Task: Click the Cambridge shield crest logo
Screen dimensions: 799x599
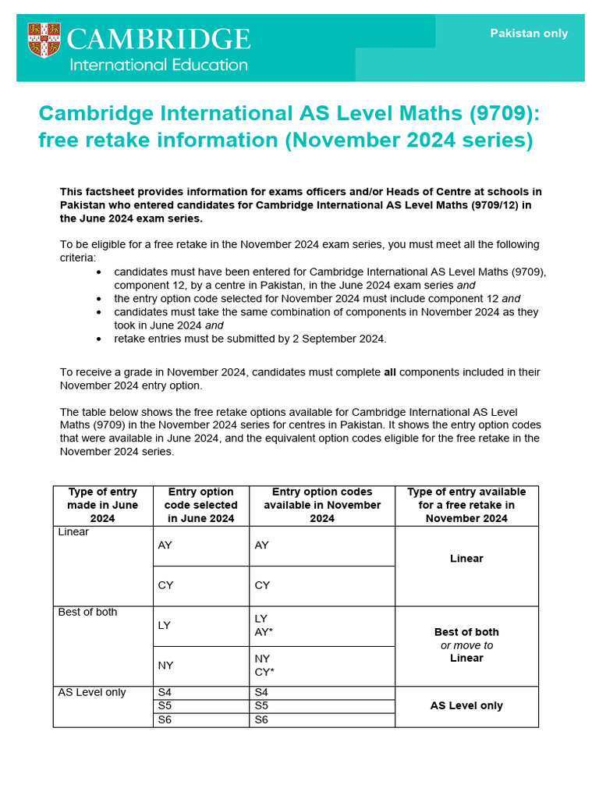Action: [x=45, y=40]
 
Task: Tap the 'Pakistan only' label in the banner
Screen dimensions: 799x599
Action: [x=529, y=34]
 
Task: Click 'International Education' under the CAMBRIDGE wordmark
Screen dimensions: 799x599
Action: [x=158, y=65]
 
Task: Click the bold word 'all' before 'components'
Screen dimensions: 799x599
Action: [x=392, y=372]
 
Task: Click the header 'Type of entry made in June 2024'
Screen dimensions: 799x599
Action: [x=102, y=505]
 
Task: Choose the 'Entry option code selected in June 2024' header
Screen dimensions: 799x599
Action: [x=200, y=505]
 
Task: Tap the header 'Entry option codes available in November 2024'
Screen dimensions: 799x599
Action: [x=322, y=505]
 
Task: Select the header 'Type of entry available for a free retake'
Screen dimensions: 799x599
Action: [x=466, y=505]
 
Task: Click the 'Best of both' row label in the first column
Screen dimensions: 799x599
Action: [x=87, y=613]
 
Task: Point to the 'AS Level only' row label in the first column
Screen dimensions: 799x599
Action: [x=92, y=692]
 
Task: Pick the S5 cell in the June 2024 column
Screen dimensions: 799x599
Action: [x=165, y=705]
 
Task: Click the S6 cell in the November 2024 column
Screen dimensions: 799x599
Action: [x=261, y=719]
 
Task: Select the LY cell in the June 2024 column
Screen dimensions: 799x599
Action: [x=165, y=625]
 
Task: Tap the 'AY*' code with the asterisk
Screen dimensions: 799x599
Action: [x=264, y=632]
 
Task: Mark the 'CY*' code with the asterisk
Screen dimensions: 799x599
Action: [x=265, y=672]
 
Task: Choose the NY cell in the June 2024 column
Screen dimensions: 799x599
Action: [x=165, y=666]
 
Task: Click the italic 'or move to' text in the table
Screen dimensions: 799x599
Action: [x=466, y=645]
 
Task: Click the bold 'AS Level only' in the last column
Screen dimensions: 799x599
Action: [x=466, y=705]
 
